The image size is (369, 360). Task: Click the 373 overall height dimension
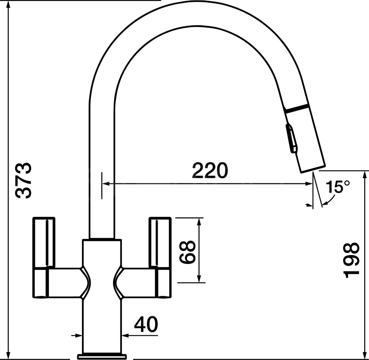23,180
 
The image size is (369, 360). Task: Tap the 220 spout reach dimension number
210,170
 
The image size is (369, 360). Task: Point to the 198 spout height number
352,260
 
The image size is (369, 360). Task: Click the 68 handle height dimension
188,251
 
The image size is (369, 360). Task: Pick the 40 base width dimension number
146,325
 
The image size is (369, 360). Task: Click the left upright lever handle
44,242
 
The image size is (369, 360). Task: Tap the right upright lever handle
160,242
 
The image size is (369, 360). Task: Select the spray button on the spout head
291,139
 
